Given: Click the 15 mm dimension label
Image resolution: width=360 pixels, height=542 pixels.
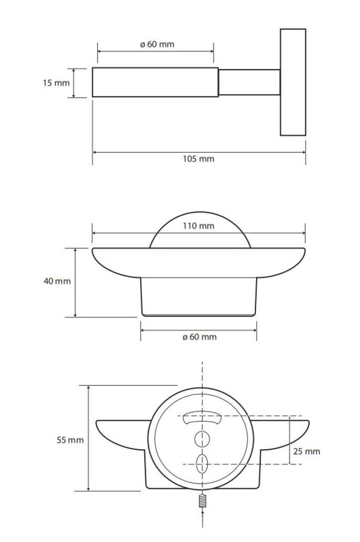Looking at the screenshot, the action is (56, 83).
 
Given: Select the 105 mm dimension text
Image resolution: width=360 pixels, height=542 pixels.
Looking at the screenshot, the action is (198, 159).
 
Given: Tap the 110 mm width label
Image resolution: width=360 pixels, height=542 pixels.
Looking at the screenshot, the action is (198, 226).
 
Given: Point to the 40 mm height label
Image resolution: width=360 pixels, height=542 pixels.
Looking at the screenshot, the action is (57, 281).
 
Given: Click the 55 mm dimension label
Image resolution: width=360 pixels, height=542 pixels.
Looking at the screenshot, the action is (70, 440).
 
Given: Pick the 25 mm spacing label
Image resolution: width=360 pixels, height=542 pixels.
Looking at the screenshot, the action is (307, 451).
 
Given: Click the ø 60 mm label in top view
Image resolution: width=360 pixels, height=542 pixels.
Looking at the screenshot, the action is (157, 44).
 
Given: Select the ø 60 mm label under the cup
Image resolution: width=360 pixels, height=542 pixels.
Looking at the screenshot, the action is (199, 337).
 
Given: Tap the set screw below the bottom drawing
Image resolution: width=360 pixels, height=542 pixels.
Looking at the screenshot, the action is (203, 501).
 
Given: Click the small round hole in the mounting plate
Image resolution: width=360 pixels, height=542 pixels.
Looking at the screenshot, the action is (203, 439).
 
